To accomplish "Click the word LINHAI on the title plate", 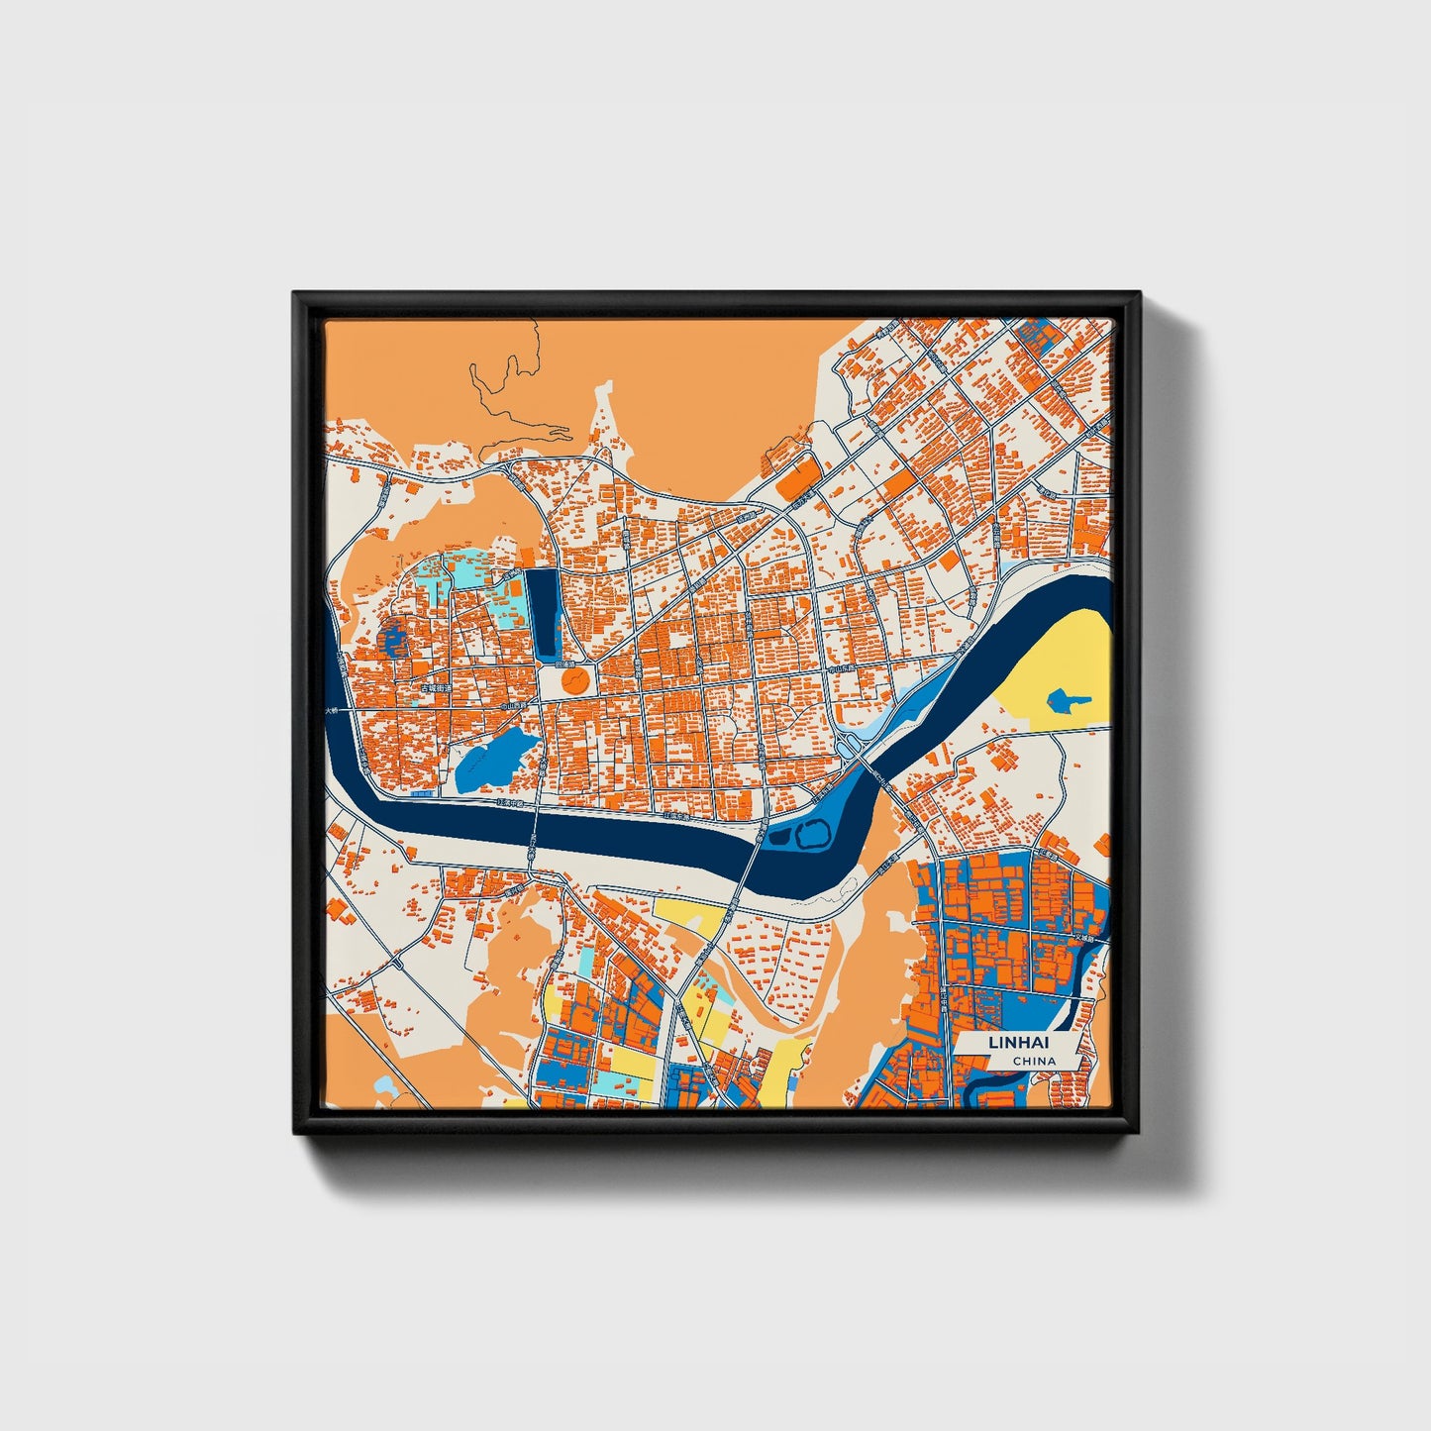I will (1016, 1043).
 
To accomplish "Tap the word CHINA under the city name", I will (1034, 1061).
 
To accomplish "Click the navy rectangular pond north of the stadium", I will (542, 614).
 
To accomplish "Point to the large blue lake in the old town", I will (491, 762).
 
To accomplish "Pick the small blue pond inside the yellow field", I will (1066, 702).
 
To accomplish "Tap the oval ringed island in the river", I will (811, 835).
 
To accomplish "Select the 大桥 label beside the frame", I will (332, 711).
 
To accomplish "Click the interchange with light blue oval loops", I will (850, 741).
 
